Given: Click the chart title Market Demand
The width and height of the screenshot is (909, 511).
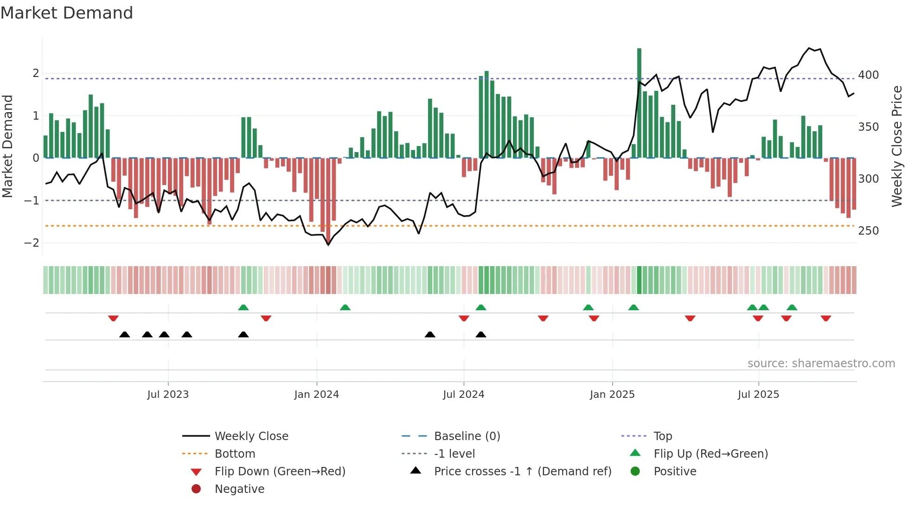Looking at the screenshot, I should click(67, 13).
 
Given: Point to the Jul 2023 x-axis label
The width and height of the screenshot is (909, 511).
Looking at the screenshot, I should click(168, 395).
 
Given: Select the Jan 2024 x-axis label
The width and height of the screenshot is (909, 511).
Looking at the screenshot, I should click(316, 395).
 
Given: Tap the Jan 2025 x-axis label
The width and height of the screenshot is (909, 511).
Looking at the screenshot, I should click(612, 395).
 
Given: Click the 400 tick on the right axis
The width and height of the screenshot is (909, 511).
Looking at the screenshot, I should click(868, 75).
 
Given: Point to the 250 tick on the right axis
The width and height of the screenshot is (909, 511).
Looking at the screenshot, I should click(868, 231).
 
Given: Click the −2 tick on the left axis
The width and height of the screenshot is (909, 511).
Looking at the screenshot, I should click(32, 243).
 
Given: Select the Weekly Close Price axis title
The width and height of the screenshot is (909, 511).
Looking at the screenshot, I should click(897, 146).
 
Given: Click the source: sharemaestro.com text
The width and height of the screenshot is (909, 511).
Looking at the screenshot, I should click(821, 364).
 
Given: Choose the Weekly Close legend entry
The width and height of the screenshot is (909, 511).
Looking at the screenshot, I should click(251, 436).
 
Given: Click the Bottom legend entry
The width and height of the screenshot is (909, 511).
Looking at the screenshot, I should click(235, 454).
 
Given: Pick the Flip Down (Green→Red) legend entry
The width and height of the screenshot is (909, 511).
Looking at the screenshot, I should click(280, 472).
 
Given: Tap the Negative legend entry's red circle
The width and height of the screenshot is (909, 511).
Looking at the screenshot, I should click(196, 489).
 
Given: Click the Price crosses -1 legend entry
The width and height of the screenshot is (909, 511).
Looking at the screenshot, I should click(522, 472).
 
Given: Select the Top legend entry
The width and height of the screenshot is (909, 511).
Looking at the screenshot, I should click(663, 436).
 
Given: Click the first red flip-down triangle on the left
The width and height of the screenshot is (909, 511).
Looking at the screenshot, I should click(113, 318).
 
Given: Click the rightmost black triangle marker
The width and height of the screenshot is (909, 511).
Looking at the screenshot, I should click(481, 334).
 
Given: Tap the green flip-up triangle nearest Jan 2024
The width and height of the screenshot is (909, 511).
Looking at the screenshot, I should click(345, 307).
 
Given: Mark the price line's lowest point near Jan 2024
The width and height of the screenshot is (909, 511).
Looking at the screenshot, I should click(328, 244).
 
